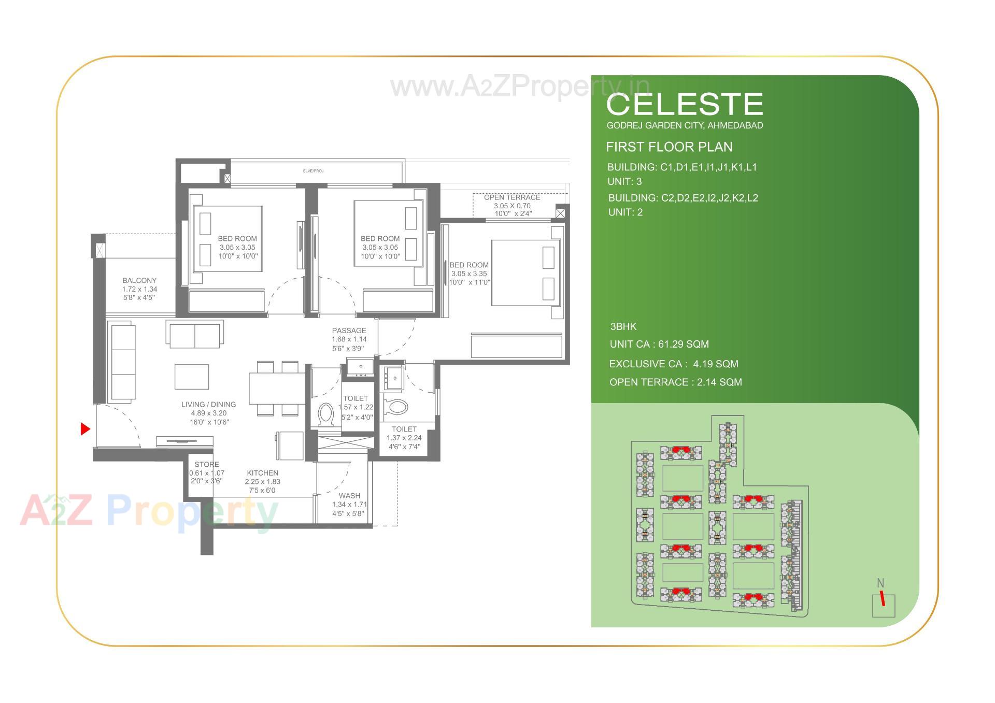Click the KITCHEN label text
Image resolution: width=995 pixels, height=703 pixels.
pyautogui.click(x=262, y=473)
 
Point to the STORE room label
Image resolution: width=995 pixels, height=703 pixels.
pyautogui.click(x=207, y=464)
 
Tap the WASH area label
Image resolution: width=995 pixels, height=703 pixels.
pyautogui.click(x=349, y=496)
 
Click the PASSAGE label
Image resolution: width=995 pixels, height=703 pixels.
pyautogui.click(x=349, y=331)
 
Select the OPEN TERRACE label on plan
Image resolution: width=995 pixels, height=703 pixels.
pyautogui.click(x=512, y=197)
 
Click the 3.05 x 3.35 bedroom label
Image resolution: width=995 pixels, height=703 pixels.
pyautogui.click(x=469, y=273)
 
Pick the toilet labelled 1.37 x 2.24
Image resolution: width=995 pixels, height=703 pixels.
pyautogui.click(x=404, y=437)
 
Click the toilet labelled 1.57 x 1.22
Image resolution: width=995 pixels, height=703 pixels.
pyautogui.click(x=356, y=407)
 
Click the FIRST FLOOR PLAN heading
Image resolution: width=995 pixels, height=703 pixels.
pyautogui.click(x=669, y=147)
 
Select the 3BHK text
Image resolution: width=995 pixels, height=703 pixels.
pyautogui.click(x=623, y=326)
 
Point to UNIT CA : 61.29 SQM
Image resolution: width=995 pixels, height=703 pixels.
pyautogui.click(x=659, y=344)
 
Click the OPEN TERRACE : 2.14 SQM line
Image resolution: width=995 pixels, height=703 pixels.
pyautogui.click(x=675, y=382)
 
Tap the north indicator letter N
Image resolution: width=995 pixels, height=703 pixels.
pyautogui.click(x=880, y=583)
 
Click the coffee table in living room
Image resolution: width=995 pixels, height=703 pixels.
pyautogui.click(x=192, y=377)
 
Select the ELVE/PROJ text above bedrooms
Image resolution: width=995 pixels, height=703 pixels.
pyautogui.click(x=313, y=170)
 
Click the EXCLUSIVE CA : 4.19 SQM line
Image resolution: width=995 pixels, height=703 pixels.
pyautogui.click(x=673, y=364)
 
